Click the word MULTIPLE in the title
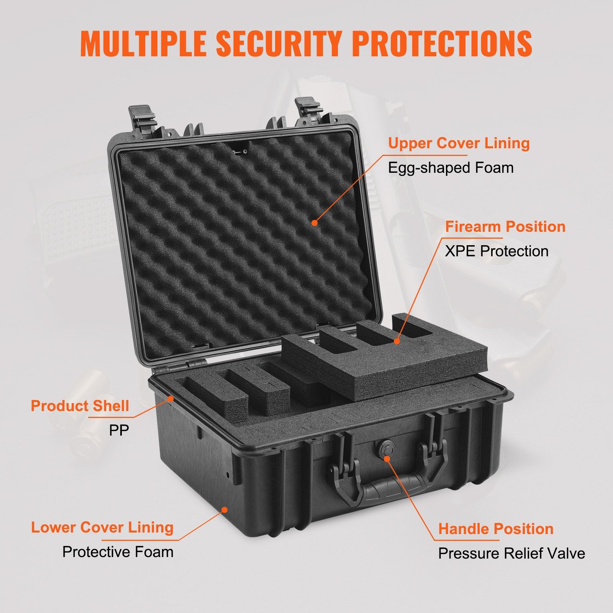pos(144,43)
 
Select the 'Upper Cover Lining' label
pos(459,143)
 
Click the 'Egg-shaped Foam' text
pos(451,168)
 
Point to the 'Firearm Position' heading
pos(505,227)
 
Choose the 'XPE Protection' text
pos(497,251)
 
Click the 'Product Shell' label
pos(80,406)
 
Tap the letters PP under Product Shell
pos(119,430)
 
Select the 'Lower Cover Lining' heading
pos(102,528)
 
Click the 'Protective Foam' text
pos(118,552)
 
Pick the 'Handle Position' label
pos(496,529)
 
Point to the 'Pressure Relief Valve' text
pos(511,554)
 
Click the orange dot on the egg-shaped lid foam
pos(315,222)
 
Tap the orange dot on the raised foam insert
pos(397,341)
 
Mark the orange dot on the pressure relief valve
pos(387,458)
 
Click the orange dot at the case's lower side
pos(225,510)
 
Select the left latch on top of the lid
pos(143,115)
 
